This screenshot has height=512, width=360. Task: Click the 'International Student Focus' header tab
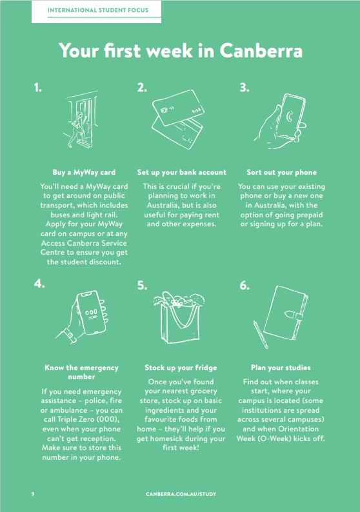[x=96, y=12]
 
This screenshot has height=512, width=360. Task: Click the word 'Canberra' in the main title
[x=261, y=50]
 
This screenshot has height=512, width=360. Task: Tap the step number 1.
[x=37, y=88]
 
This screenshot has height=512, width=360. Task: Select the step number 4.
[x=39, y=284]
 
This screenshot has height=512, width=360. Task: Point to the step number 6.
[x=245, y=286]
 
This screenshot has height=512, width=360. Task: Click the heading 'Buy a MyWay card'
[x=84, y=172]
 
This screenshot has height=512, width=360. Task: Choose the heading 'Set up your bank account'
[x=182, y=172]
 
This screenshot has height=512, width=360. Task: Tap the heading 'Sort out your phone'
[x=281, y=172]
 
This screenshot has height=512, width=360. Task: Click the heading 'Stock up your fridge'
[x=181, y=368]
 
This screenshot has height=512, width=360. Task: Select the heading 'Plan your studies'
[x=281, y=368]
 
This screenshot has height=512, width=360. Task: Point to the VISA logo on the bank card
[x=196, y=110]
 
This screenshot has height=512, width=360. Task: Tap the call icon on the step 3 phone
[x=290, y=117]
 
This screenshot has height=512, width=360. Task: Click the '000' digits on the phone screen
[x=91, y=312]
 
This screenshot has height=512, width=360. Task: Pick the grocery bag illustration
[x=179, y=318]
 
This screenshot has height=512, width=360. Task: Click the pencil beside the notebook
[x=261, y=335]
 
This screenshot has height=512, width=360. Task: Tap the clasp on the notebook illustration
[x=294, y=315]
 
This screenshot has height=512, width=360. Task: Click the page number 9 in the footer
[x=33, y=494]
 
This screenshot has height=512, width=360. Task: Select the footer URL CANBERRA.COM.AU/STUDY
[x=181, y=494]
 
